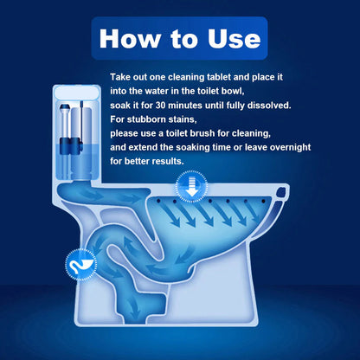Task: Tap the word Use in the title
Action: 228,38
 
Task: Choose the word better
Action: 131,162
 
